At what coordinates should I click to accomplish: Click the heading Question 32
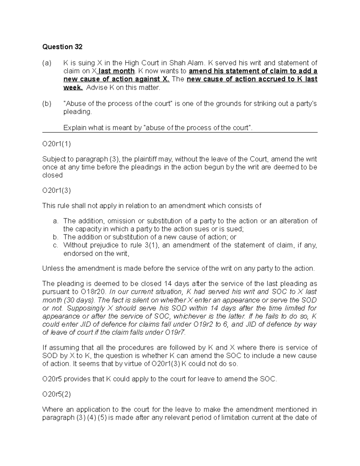pos(62,47)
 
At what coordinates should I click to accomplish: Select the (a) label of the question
pos(47,63)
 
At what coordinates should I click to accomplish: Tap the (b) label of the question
pos(47,104)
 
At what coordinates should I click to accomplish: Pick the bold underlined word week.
pos(73,88)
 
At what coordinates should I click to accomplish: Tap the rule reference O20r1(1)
pos(57,144)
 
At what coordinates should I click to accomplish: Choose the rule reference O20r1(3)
pos(57,191)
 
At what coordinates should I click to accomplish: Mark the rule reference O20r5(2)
pos(57,394)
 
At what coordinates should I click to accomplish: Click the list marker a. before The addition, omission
pos(55,221)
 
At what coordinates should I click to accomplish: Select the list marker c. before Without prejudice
pos(55,245)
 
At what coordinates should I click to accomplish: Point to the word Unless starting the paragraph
pos(52,269)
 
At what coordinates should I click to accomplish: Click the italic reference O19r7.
pos(175,332)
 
